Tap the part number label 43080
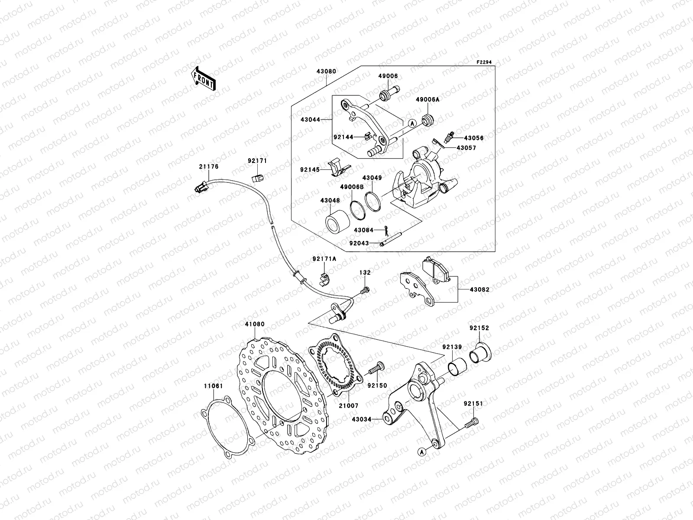pyautogui.click(x=327, y=71)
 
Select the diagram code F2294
pyautogui.click(x=485, y=62)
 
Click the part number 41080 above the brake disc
pyautogui.click(x=254, y=324)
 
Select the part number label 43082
pyautogui.click(x=478, y=289)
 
